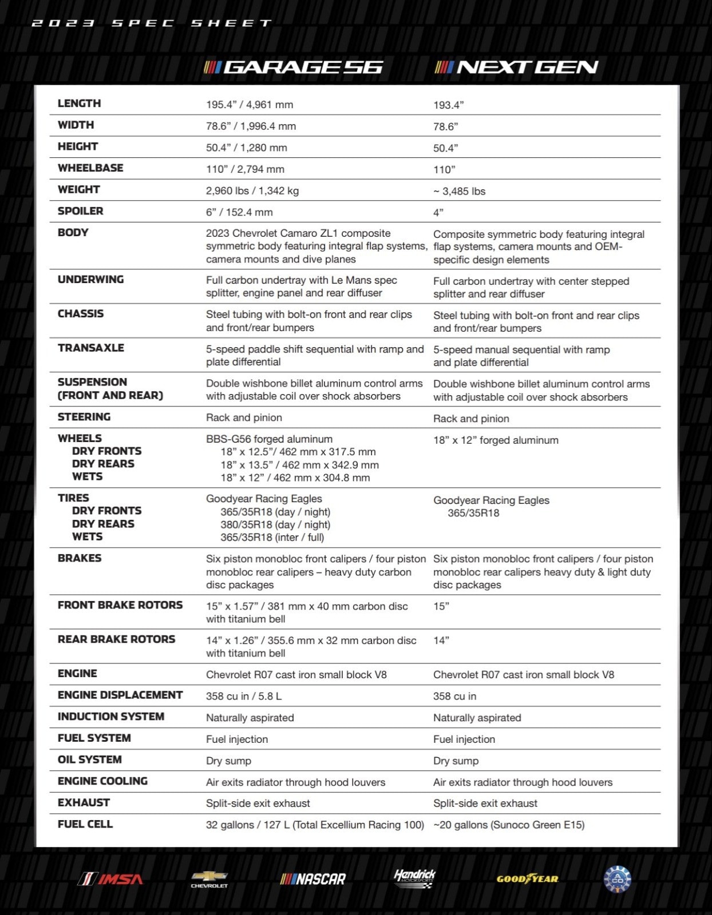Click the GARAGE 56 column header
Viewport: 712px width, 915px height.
coord(294,67)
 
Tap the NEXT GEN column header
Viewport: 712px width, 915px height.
coord(516,67)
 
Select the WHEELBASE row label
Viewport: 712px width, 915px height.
coord(90,168)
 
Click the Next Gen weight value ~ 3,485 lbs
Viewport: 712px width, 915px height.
coord(459,192)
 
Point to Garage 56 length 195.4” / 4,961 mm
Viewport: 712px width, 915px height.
coord(250,105)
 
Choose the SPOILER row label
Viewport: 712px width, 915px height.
coord(81,211)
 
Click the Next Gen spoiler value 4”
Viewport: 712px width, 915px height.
coord(438,213)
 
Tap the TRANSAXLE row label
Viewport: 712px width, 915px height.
coord(91,348)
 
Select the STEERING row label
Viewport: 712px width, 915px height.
coord(84,417)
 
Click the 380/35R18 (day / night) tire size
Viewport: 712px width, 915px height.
coord(275,524)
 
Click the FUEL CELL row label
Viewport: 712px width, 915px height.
coord(85,824)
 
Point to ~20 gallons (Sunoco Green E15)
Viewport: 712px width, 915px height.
coord(509,825)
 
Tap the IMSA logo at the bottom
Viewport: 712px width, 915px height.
coord(111,879)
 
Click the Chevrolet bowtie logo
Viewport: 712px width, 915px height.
coord(209,879)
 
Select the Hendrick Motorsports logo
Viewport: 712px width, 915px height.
coord(414,878)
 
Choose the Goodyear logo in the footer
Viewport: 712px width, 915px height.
coord(527,879)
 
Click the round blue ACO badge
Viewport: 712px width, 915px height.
coord(618,879)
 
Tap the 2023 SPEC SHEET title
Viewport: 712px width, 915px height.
coord(152,23)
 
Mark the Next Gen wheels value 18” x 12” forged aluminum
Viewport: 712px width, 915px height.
coord(496,440)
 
